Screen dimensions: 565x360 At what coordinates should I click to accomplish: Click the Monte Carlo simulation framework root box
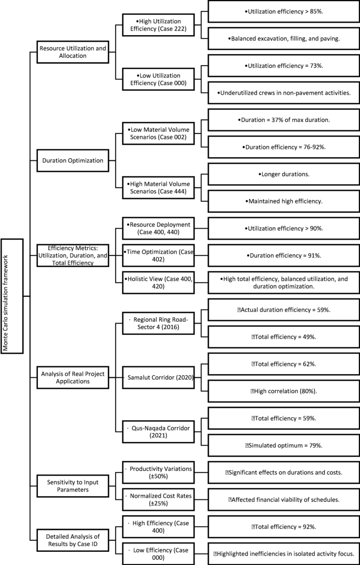(x=12, y=296)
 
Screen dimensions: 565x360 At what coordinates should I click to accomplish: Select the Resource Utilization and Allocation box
(x=73, y=52)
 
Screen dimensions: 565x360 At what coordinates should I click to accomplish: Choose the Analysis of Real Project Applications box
(x=73, y=374)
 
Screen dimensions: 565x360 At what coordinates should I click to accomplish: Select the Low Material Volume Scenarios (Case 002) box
(x=159, y=132)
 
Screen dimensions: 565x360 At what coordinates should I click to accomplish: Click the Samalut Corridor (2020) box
(x=159, y=377)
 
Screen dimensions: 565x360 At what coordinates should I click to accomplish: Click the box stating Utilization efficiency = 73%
(x=283, y=66)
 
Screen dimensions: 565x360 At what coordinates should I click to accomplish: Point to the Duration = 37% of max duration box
(x=283, y=120)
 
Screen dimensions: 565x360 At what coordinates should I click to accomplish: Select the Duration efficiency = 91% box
(x=283, y=255)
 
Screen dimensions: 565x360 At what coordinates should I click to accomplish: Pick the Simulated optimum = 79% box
(x=283, y=445)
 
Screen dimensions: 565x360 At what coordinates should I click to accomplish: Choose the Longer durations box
(x=283, y=173)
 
